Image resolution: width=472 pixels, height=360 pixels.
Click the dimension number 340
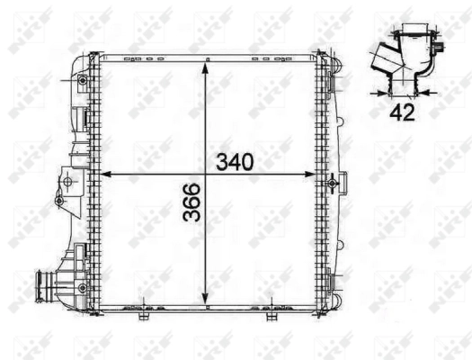[x=235, y=162]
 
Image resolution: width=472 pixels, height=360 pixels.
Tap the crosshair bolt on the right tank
[x=333, y=183]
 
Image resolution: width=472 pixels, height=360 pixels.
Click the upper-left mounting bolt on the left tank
[x=84, y=82]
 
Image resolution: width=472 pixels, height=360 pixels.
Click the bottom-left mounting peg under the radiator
[x=144, y=316]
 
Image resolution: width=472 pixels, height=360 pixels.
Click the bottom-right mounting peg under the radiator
[x=269, y=316]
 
